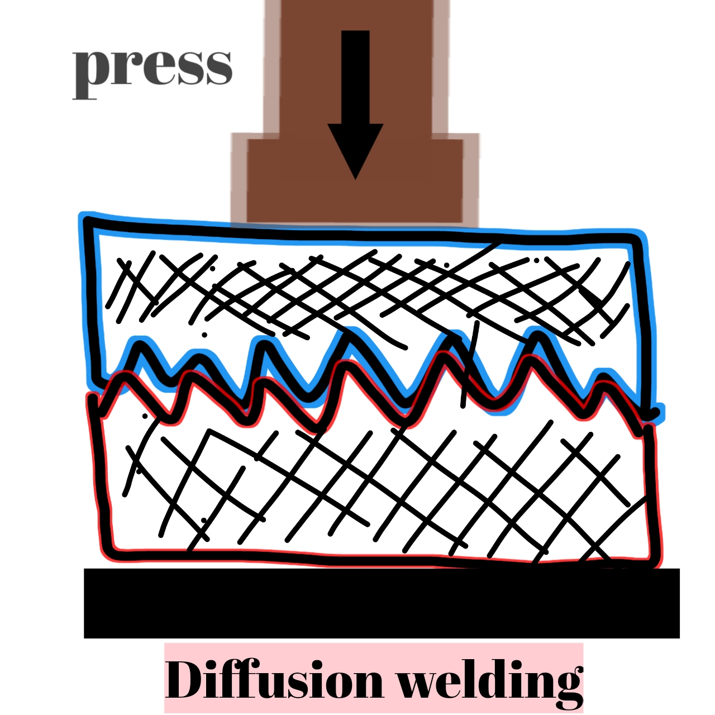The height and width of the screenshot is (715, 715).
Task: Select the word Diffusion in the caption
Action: point(274,680)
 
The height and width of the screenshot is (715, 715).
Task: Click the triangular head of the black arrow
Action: point(355,148)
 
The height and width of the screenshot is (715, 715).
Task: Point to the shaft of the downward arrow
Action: point(355,75)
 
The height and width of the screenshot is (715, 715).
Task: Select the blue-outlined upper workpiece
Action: point(363,285)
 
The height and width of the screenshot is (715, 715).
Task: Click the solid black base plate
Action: point(382,603)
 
